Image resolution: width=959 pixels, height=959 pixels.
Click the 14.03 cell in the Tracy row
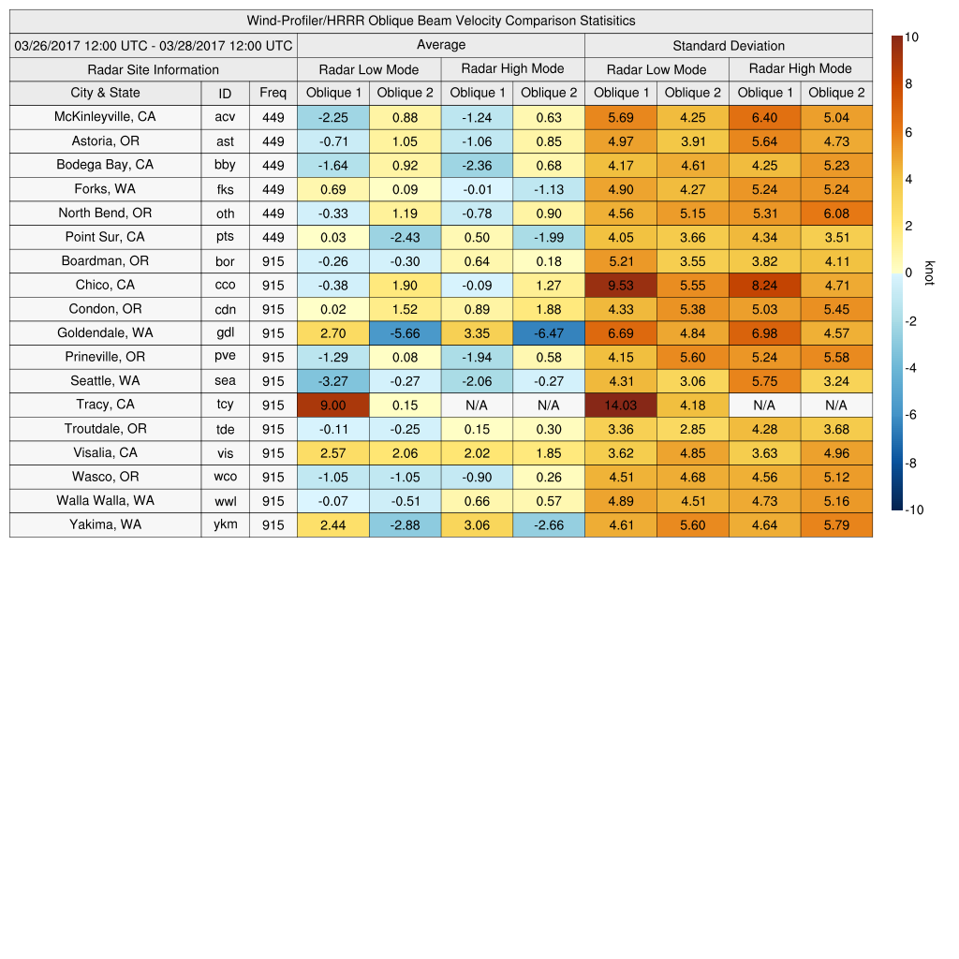coord(621,405)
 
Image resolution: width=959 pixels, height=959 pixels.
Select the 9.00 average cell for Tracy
coord(332,405)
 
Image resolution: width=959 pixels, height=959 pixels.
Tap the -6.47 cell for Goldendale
coord(549,332)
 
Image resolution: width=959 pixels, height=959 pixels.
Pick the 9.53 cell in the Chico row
coord(621,285)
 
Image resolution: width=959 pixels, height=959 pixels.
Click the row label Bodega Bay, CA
coord(105,165)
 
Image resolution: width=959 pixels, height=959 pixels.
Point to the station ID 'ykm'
coord(225,524)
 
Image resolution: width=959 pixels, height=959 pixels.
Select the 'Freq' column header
coord(273,93)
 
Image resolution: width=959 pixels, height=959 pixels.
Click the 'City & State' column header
coord(105,93)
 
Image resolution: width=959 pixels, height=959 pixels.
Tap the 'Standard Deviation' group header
coord(729,45)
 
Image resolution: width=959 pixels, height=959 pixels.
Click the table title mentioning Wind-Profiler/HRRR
coord(441,21)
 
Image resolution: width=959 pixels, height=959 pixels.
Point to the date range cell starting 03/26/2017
coord(154,45)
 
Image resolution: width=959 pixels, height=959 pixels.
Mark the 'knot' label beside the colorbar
coord(929,273)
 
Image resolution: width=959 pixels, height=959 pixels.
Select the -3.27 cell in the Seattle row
coord(332,381)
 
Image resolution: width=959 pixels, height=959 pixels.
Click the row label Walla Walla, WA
coord(105,500)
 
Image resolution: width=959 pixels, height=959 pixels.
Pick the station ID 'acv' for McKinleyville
coord(225,117)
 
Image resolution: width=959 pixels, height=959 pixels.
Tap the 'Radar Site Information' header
coord(154,69)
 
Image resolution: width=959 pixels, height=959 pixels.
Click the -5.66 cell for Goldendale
coord(405,332)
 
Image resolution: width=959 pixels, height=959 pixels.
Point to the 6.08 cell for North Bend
coord(836,213)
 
